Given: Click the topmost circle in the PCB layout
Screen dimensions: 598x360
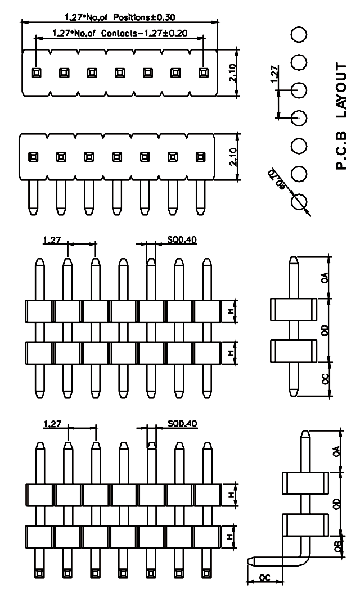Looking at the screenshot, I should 299,34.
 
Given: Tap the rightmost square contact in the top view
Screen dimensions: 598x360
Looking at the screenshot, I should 203,73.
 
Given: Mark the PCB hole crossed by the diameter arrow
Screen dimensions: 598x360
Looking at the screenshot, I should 299,201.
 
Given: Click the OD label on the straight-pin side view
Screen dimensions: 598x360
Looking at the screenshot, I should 324,332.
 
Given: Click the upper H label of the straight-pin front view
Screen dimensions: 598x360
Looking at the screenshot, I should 230,311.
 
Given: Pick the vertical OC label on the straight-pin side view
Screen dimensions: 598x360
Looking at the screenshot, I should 324,378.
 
